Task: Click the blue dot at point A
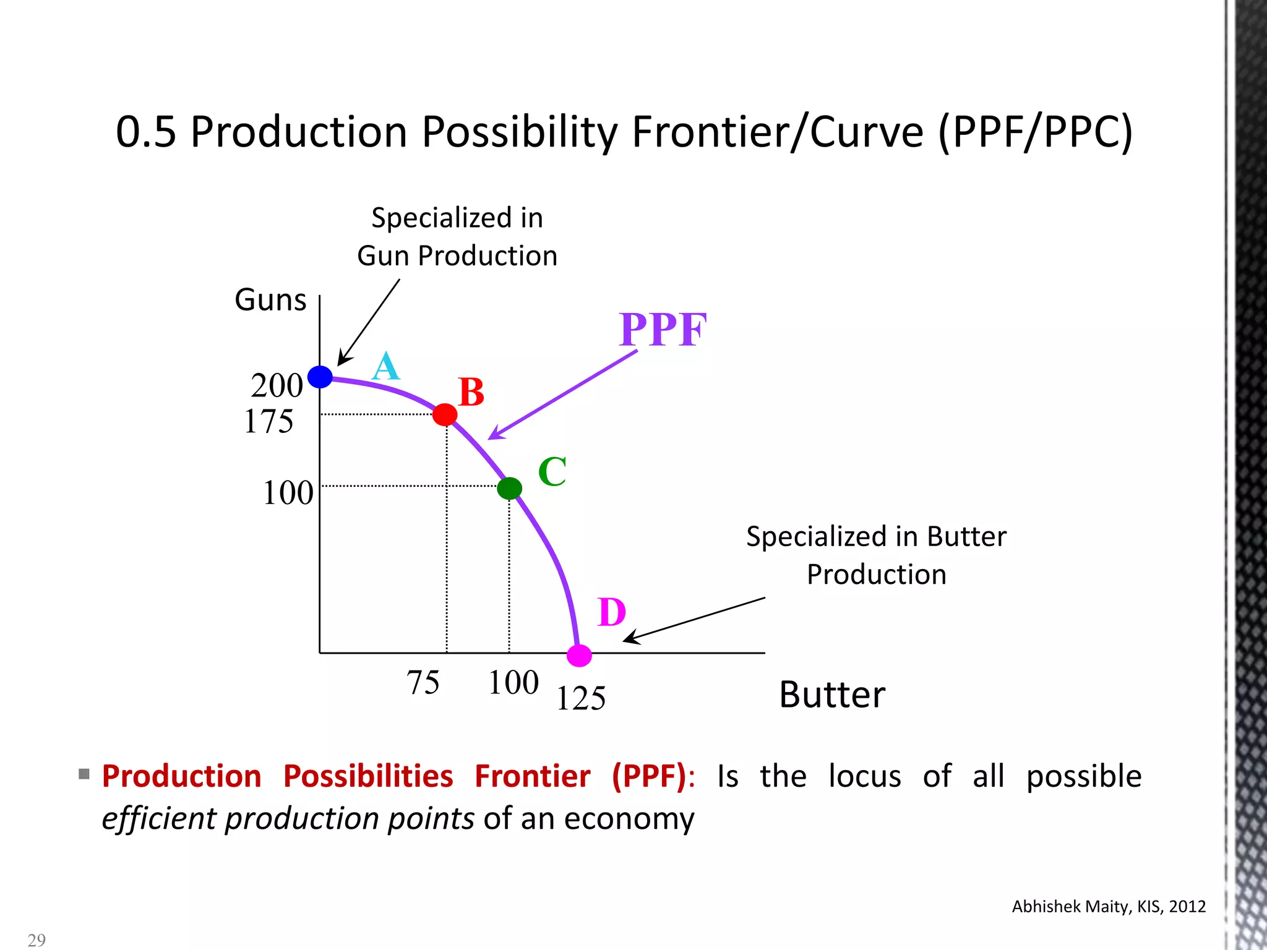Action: pos(320,377)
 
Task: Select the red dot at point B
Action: pos(445,414)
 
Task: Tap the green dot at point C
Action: pos(509,489)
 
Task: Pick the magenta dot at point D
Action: pos(580,655)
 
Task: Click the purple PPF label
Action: pos(663,330)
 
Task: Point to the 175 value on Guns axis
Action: pos(268,422)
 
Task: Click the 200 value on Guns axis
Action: pos(277,386)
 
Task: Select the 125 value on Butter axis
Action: pos(580,699)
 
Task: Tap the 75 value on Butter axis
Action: pos(423,683)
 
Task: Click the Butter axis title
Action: pos(832,695)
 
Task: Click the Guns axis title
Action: pos(270,300)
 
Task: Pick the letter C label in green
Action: pos(552,472)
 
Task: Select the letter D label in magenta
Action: pos(612,612)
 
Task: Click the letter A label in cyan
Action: pos(386,366)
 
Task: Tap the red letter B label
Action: pos(471,392)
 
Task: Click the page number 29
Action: pos(37,940)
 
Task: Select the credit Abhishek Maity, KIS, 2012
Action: pos(1109,907)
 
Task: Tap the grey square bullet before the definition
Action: pos(85,774)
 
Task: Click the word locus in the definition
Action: pos(864,776)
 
